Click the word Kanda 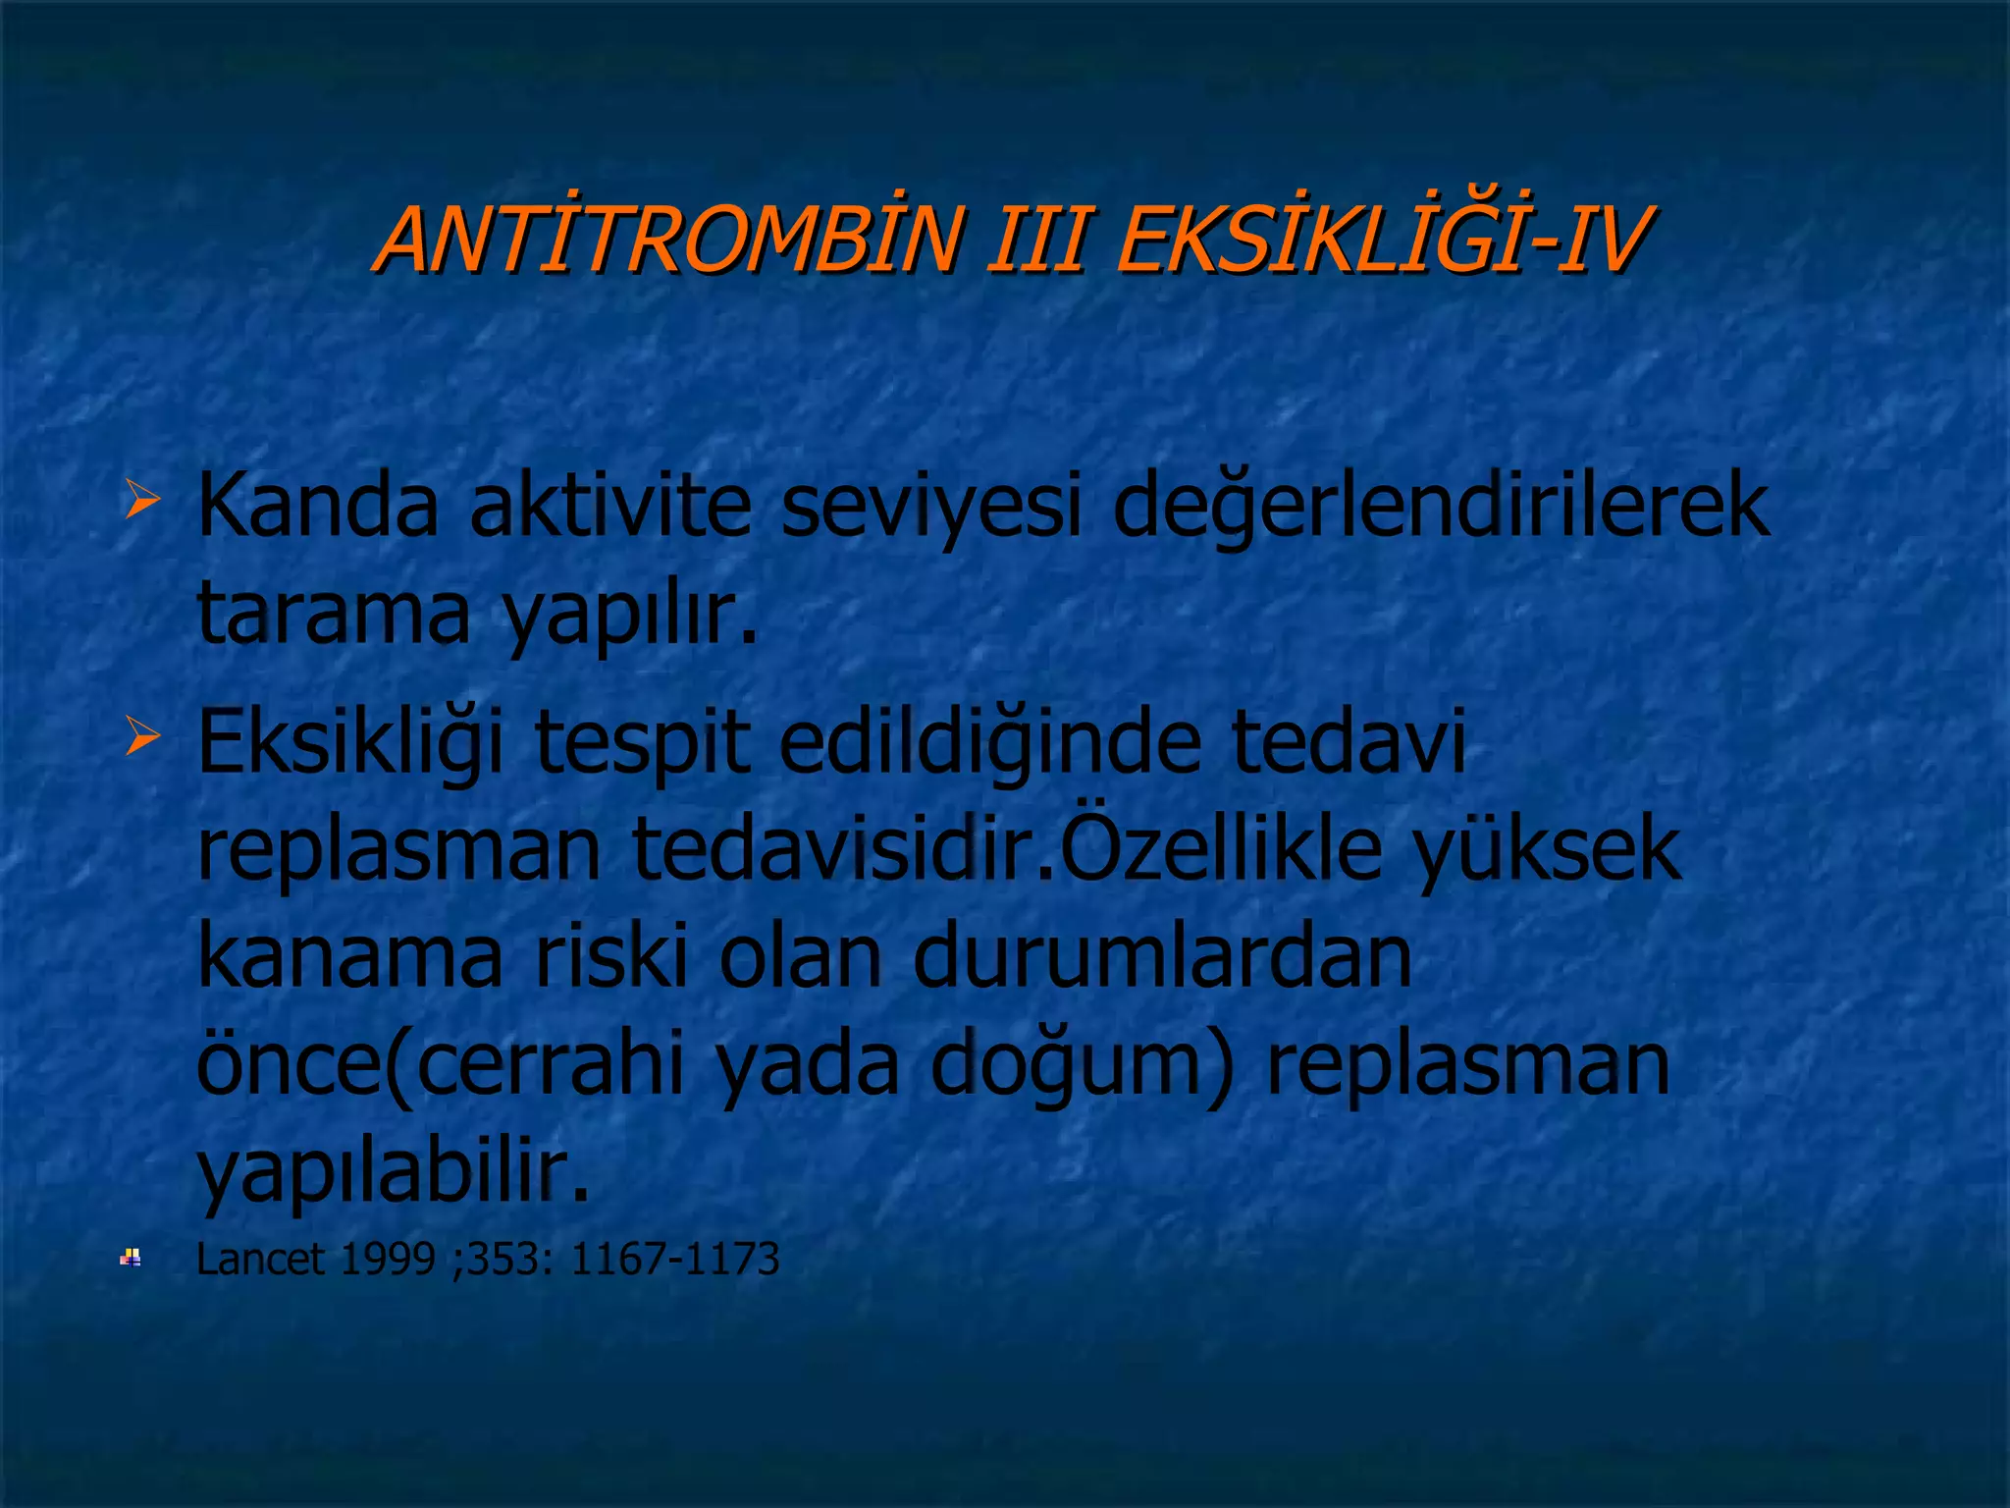pos(317,506)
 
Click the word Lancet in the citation pos(260,1260)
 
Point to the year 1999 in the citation pos(386,1260)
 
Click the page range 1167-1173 pos(674,1260)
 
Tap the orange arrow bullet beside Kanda pos(142,500)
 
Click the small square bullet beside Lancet pos(131,1258)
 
